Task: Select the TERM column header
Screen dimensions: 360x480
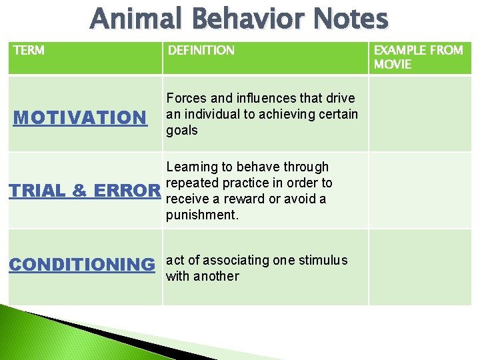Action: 29,51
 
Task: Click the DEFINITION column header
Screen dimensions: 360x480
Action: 201,51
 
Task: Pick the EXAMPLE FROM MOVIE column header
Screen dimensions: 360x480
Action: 418,57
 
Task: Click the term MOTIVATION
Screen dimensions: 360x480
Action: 79,118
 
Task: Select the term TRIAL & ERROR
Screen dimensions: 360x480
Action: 84,191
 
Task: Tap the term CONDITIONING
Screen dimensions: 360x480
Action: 81,265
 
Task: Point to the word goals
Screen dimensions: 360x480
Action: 182,131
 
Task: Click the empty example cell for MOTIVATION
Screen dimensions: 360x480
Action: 419,113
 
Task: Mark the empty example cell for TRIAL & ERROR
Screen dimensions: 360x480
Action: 419,191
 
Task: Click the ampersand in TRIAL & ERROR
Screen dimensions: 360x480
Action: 79,191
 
